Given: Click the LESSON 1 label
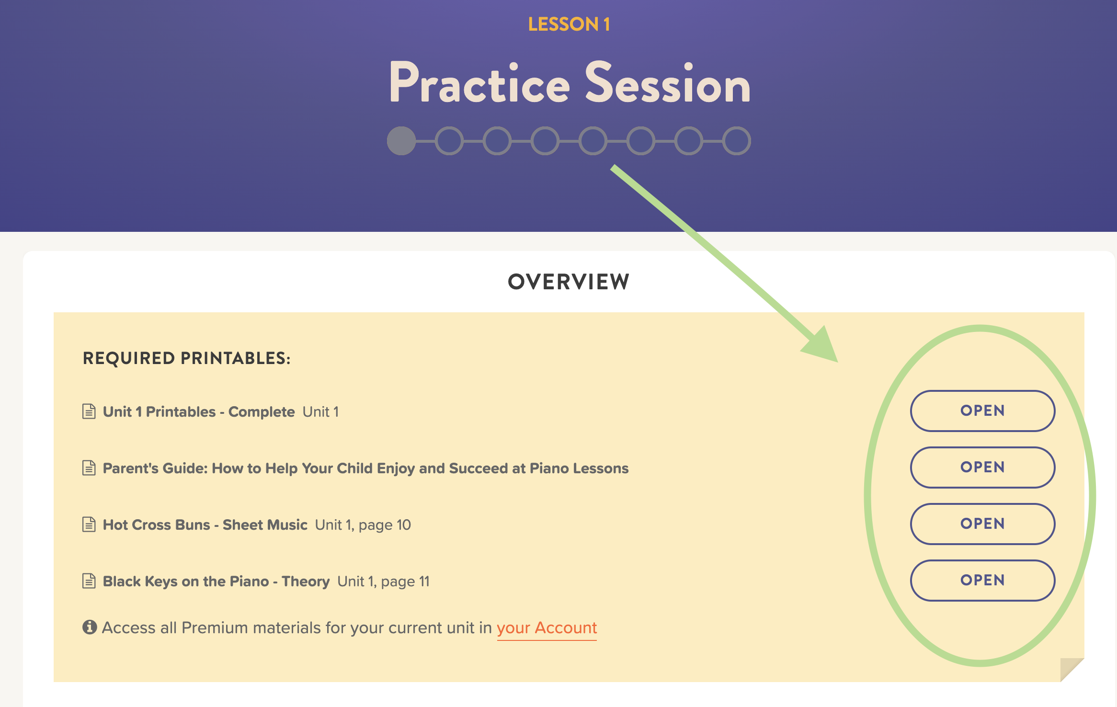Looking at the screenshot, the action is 569,24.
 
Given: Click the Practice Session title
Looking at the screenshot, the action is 570,83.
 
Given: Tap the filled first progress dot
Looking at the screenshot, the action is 401,141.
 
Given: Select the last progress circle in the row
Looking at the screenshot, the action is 737,141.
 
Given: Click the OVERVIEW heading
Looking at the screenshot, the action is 569,282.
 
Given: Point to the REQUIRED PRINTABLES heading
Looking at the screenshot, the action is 187,358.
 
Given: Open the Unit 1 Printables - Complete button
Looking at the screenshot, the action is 982,411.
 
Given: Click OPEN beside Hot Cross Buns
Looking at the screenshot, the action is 982,524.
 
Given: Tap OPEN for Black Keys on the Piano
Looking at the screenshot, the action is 982,580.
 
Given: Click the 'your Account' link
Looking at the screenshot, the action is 547,628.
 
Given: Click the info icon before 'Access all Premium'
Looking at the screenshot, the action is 90,627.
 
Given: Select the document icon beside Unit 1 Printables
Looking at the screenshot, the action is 89,411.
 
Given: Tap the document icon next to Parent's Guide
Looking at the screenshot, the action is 89,468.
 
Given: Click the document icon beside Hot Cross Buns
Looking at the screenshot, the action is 89,525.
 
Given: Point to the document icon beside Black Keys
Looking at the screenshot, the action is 89,581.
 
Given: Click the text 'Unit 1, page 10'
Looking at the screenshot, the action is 363,525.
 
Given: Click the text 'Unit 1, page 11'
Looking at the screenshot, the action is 384,582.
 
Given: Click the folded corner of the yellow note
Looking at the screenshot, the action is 1071,669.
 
